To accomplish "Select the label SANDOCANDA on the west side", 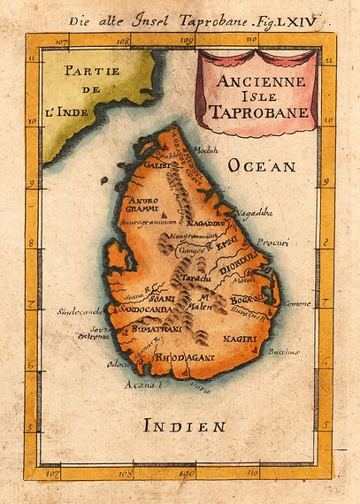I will click(135, 311).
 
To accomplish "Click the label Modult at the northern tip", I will click(205, 149).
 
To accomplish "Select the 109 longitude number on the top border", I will click(186, 40).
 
